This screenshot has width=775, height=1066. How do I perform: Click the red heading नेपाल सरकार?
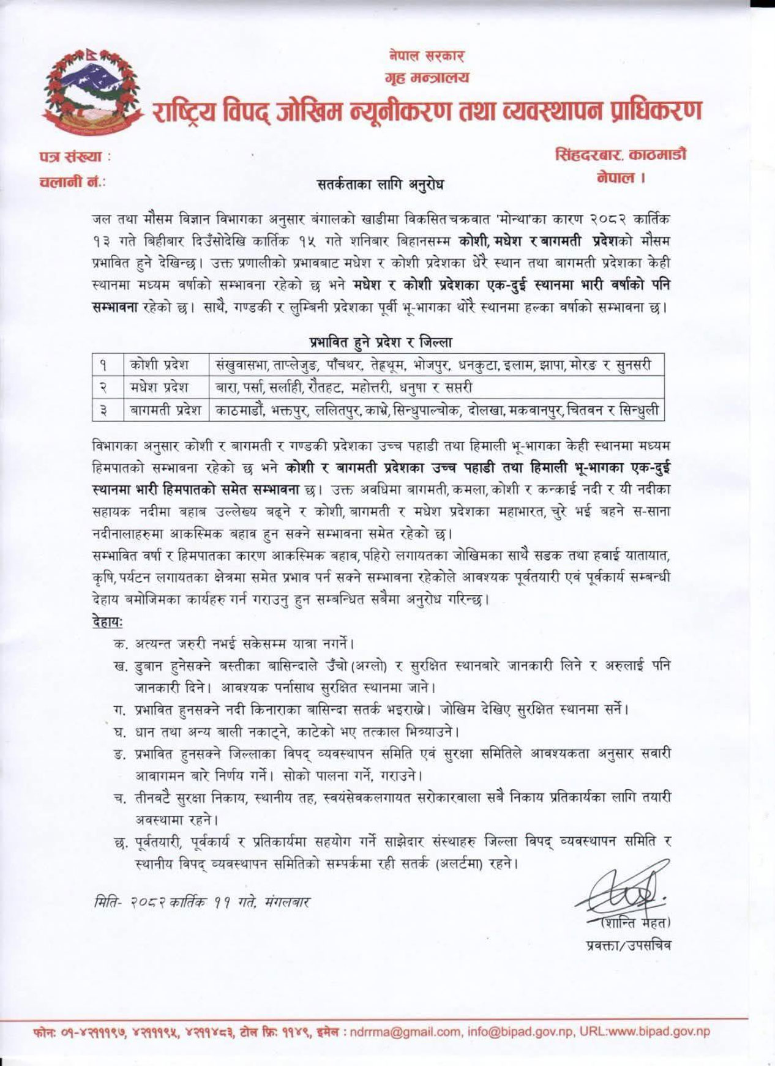(427, 56)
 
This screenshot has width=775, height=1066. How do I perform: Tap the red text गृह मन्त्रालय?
(427, 78)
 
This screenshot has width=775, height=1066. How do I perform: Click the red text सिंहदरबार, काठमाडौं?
(620, 154)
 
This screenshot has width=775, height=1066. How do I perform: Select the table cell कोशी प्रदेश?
(159, 365)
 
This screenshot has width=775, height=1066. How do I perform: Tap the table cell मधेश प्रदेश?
(159, 387)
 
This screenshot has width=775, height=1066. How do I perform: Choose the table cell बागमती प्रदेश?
(166, 409)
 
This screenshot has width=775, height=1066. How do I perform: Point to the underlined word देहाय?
(106, 622)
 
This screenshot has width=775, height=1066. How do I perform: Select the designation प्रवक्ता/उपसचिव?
(627, 945)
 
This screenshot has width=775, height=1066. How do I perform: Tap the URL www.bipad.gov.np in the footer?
(667, 1032)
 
